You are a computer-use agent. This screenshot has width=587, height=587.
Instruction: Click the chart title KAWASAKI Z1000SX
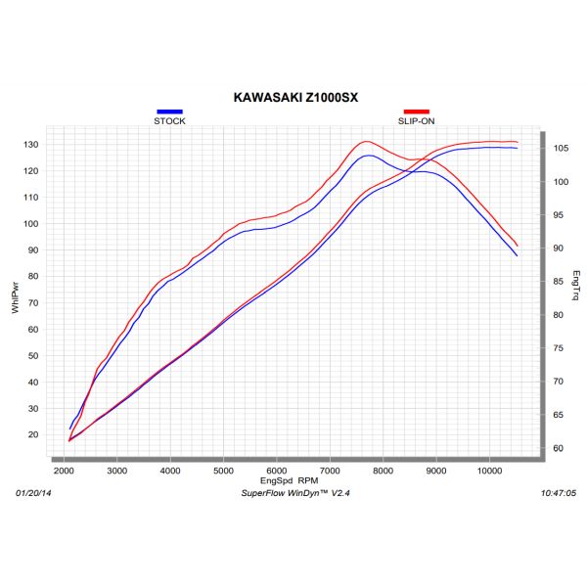293,98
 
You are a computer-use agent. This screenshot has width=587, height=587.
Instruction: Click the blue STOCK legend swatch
168,113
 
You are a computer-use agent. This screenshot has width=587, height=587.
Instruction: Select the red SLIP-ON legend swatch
417,113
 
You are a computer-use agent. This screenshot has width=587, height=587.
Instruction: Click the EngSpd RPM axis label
289,480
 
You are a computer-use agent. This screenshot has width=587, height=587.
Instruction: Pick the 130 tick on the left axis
31,145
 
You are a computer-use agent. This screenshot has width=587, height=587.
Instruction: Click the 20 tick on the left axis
34,434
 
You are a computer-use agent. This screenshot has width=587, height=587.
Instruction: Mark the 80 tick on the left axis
34,277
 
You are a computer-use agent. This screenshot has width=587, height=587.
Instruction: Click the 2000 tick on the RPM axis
65,471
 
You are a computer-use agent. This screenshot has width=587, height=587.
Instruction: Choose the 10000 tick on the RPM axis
490,471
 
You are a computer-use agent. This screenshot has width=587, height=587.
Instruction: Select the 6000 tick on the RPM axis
277,471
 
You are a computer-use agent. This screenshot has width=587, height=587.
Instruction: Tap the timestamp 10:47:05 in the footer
559,495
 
